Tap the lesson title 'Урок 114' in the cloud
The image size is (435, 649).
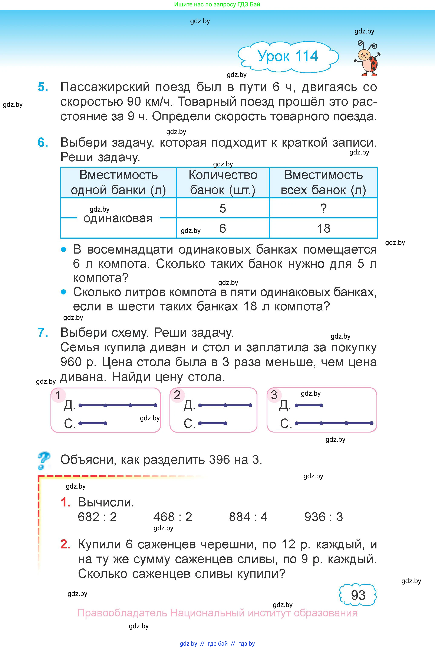[288, 56]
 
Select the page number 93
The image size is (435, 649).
[358, 595]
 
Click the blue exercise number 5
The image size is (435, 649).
[43, 87]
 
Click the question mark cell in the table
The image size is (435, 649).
[323, 208]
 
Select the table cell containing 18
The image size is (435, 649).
[323, 228]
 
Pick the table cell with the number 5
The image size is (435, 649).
[223, 208]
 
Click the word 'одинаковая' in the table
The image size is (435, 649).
[118, 218]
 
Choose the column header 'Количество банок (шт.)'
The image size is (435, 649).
[223, 182]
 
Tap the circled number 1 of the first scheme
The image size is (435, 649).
[58, 395]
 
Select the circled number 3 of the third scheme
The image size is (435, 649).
[274, 395]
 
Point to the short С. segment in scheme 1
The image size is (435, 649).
[93, 423]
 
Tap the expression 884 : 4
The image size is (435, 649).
[248, 517]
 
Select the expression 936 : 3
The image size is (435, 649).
[323, 517]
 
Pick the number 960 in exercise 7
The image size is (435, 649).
[71, 362]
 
